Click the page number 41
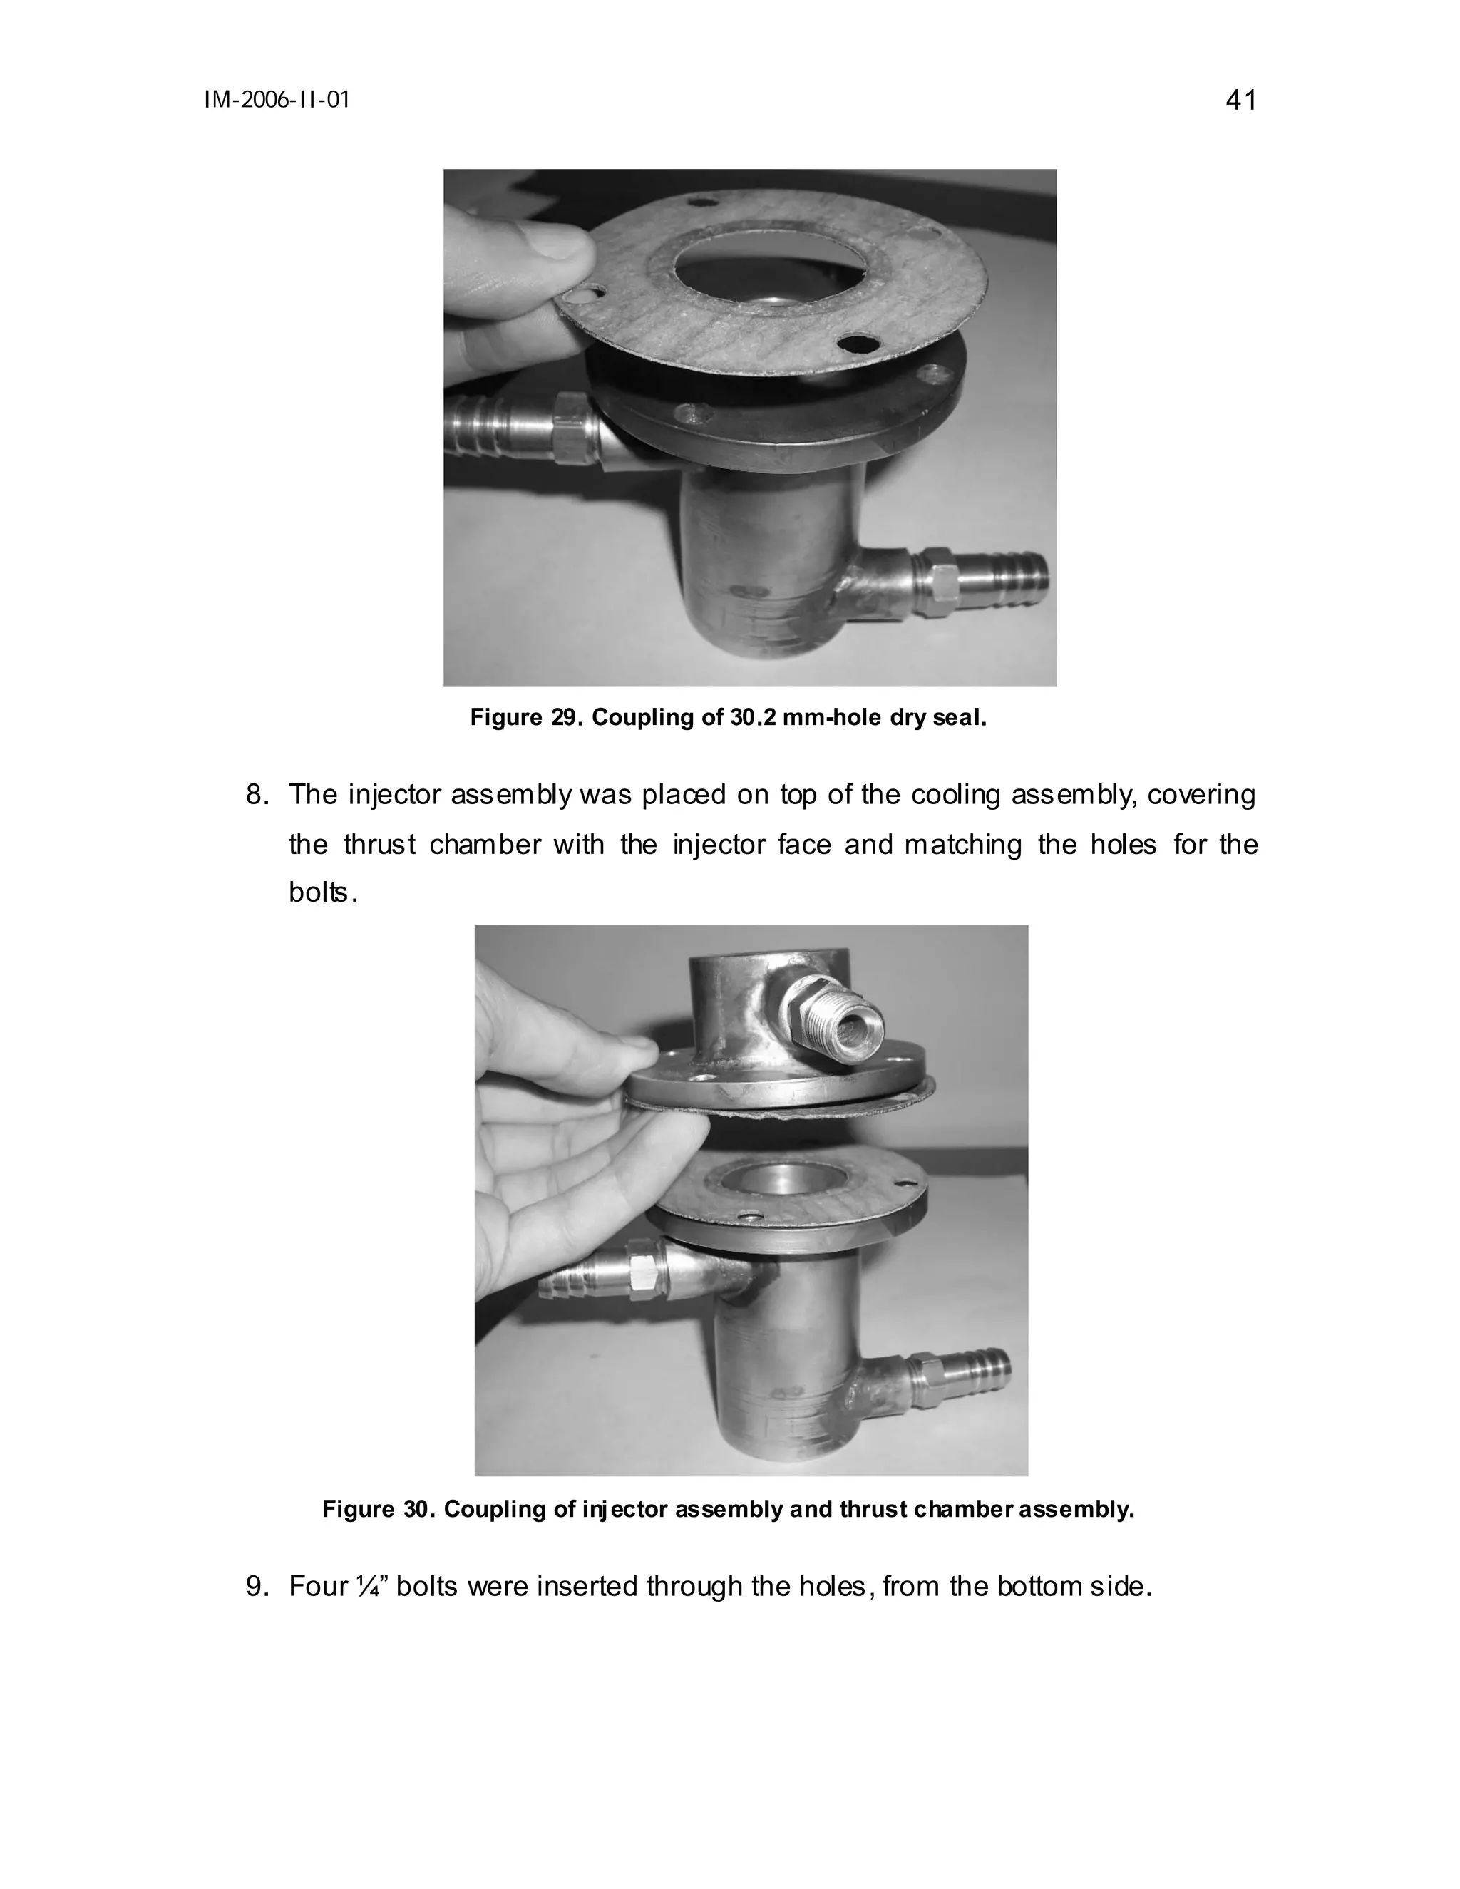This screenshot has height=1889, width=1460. click(1240, 101)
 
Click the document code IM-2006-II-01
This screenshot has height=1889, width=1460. click(277, 101)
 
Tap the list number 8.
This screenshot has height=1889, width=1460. click(258, 795)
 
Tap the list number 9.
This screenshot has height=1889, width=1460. click(258, 1587)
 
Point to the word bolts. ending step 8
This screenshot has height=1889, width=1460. click(322, 893)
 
